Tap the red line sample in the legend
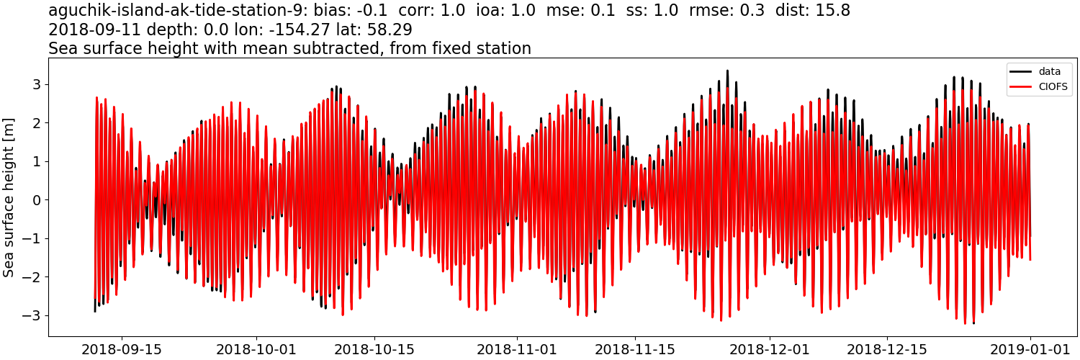[x=1021, y=88]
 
